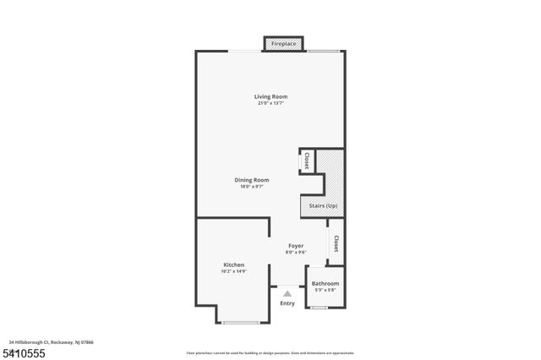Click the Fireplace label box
coord(284,42)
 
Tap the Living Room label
coord(270,96)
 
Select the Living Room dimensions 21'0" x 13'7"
coord(270,103)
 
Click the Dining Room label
coord(252,179)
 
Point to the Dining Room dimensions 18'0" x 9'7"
coord(252,186)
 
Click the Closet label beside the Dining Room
coord(306,161)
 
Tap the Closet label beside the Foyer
coord(336,244)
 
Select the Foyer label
coord(296,245)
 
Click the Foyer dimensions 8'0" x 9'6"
coord(296,252)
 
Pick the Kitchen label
coord(234,265)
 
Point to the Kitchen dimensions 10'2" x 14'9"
coord(234,271)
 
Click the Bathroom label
coord(325,283)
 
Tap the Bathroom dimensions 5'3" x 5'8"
coord(325,290)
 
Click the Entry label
coord(287,303)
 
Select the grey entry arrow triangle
coord(287,293)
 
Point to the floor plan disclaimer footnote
coord(270,352)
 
